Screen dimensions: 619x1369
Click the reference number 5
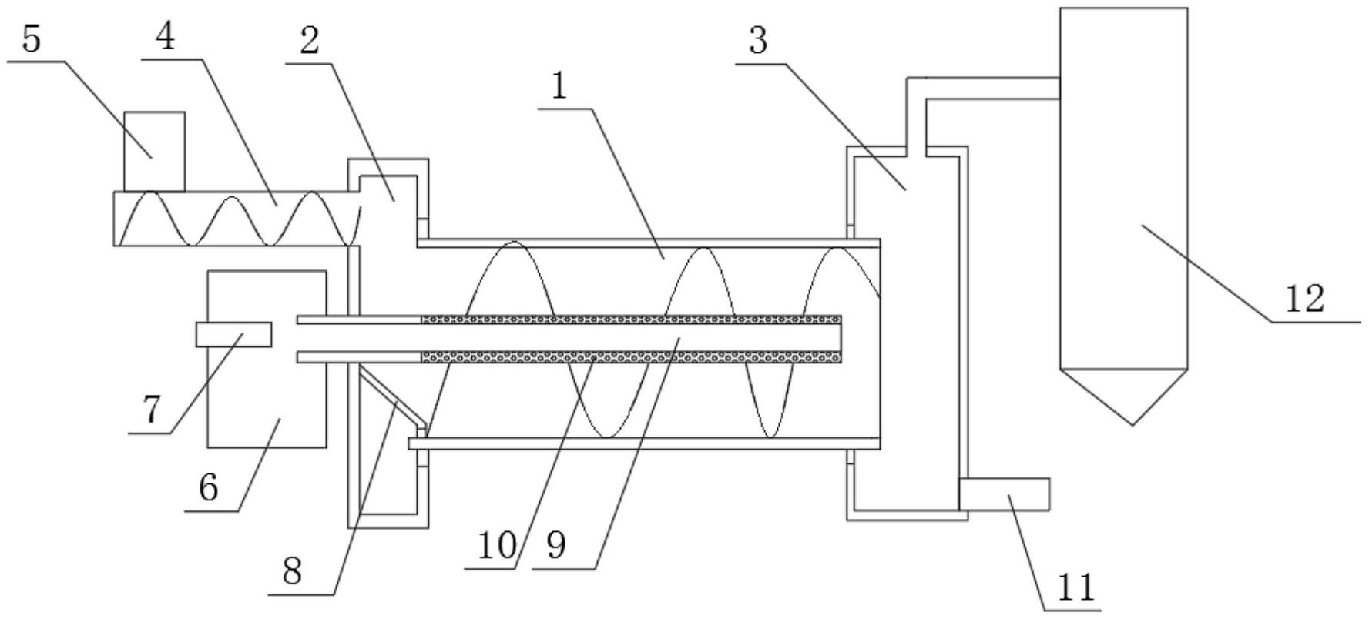(x=30, y=38)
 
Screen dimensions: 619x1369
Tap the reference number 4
(x=164, y=36)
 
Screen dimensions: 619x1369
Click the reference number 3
(x=758, y=41)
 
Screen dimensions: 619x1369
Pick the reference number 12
(x=1304, y=298)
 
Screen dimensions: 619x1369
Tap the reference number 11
(x=1076, y=589)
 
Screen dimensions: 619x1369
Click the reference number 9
(x=556, y=546)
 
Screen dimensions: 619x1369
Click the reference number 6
(x=208, y=487)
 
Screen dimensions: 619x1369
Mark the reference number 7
(x=151, y=410)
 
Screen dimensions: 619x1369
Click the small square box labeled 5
(x=154, y=151)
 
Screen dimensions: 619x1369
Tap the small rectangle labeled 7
(x=233, y=334)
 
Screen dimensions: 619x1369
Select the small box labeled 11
(x=1004, y=494)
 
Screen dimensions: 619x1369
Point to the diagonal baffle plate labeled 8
(x=391, y=394)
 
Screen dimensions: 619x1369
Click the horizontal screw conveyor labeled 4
(x=231, y=219)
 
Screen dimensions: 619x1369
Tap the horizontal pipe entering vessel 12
(x=994, y=88)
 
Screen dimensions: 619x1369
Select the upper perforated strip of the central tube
(x=630, y=319)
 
